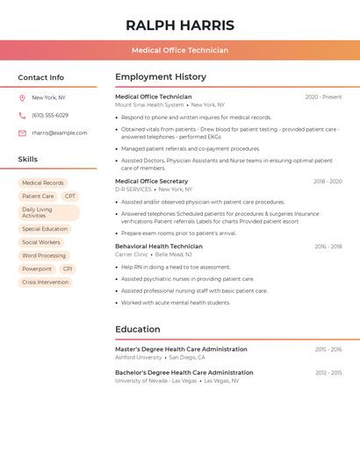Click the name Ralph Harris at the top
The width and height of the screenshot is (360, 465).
180,25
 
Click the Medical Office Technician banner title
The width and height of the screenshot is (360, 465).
180,50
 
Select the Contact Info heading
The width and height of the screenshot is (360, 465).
41,77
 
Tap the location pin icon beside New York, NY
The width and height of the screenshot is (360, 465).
22,97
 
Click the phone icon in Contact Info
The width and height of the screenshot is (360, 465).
22,115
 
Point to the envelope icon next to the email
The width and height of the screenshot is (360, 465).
22,132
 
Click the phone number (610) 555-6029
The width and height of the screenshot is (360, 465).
50,115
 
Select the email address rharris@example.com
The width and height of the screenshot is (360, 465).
60,132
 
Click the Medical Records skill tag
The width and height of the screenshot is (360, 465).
43,182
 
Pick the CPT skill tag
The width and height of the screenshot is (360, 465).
70,197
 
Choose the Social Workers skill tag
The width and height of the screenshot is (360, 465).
41,242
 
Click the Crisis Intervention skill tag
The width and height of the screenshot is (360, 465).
45,283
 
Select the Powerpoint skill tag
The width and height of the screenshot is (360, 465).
37,268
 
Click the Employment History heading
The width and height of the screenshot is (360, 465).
161,77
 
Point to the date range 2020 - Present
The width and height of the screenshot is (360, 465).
323,97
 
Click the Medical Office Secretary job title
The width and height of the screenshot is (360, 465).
152,181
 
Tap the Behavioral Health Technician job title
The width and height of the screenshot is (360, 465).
159,247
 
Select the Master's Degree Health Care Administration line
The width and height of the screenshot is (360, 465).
181,349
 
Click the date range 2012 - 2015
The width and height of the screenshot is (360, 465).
328,373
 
